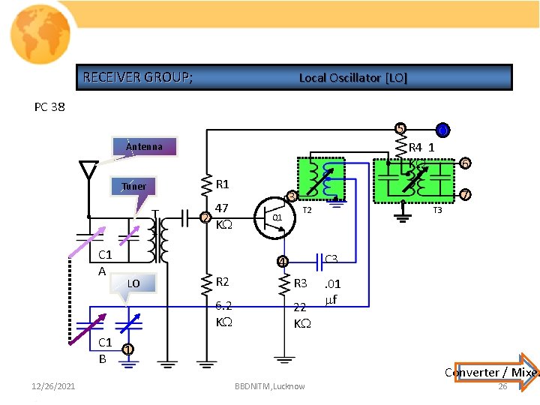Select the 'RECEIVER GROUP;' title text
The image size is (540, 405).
click(x=137, y=77)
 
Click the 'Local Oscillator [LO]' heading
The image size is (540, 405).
click(x=352, y=78)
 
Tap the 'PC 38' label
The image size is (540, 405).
click(x=49, y=106)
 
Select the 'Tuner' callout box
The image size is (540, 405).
click(x=133, y=186)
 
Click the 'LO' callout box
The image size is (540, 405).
click(x=133, y=283)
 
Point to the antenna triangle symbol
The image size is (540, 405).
click(x=88, y=172)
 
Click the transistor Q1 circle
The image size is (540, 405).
click(x=272, y=217)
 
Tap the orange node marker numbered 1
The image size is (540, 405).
click(x=128, y=349)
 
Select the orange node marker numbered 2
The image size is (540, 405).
click(x=205, y=218)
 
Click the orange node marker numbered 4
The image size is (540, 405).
click(x=281, y=262)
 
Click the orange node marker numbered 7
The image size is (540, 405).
click(x=465, y=195)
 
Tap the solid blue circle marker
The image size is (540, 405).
click(x=442, y=130)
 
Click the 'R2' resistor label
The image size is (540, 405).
click(x=222, y=282)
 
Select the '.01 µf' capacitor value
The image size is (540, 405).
click(x=331, y=292)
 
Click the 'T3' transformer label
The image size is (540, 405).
click(x=438, y=210)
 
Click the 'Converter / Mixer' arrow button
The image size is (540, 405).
click(x=491, y=371)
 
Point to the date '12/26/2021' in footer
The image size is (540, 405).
click(x=53, y=386)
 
